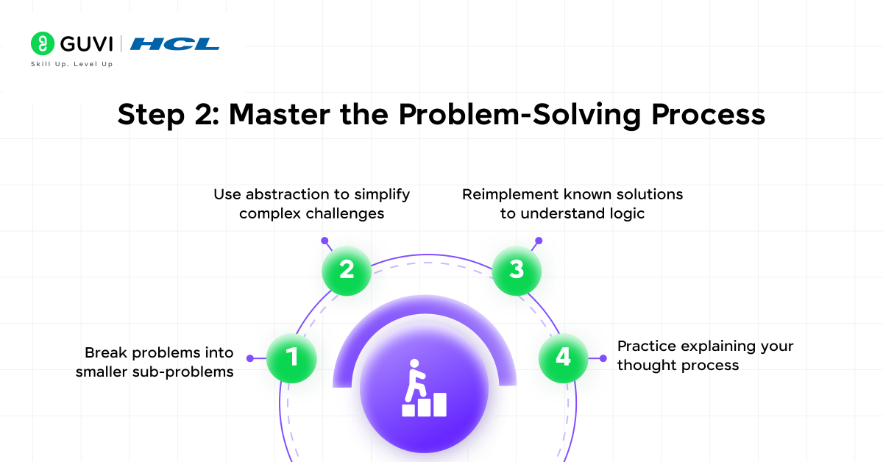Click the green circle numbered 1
[x=291, y=358]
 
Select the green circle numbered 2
[x=347, y=270]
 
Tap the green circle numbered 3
[x=517, y=270]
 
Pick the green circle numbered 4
[x=563, y=358]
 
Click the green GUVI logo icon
[x=43, y=43]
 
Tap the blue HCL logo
[x=174, y=44]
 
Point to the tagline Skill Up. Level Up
[x=71, y=64]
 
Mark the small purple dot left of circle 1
[x=250, y=358]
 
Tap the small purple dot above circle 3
[x=538, y=241]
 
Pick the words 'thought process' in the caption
[x=678, y=366]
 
